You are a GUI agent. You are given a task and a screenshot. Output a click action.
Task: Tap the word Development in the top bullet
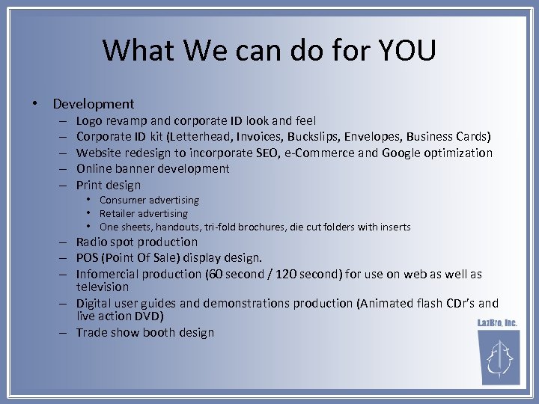[x=94, y=104]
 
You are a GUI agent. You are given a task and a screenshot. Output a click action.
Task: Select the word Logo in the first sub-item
[x=89, y=120]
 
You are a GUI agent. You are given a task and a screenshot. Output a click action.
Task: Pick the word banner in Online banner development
[x=141, y=168]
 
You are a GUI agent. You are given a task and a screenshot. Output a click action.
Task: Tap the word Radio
[x=92, y=242]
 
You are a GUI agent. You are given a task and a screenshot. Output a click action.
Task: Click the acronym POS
[x=88, y=258]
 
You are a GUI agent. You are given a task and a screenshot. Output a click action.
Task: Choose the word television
[x=103, y=287]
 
